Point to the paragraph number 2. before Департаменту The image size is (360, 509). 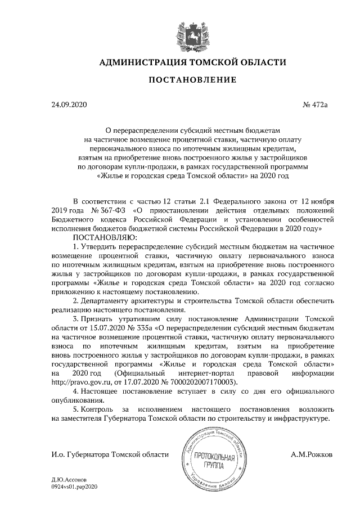pyautogui.click(x=75, y=300)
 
